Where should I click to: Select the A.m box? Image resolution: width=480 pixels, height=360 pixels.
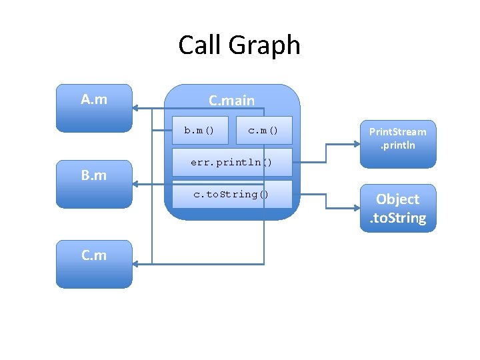tap(94, 108)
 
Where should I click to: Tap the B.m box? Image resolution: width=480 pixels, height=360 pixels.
tap(94, 185)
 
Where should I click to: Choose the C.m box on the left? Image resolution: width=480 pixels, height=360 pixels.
tap(94, 263)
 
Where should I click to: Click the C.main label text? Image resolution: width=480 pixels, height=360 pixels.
tap(231, 100)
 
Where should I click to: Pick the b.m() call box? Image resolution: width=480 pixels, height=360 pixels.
tap(199, 130)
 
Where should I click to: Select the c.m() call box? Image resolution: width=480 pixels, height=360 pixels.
tap(264, 130)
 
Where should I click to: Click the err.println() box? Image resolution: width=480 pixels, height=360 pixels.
tap(231, 162)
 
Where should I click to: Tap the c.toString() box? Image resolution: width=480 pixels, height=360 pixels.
tap(231, 194)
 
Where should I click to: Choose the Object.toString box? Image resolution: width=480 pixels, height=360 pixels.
tap(398, 208)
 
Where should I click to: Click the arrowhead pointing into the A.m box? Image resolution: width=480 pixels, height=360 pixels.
tap(136, 107)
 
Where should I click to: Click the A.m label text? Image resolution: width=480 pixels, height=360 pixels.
tap(94, 100)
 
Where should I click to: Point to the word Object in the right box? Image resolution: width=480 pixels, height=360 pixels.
tap(398, 199)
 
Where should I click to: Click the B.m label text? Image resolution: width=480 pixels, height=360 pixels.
tap(94, 176)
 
